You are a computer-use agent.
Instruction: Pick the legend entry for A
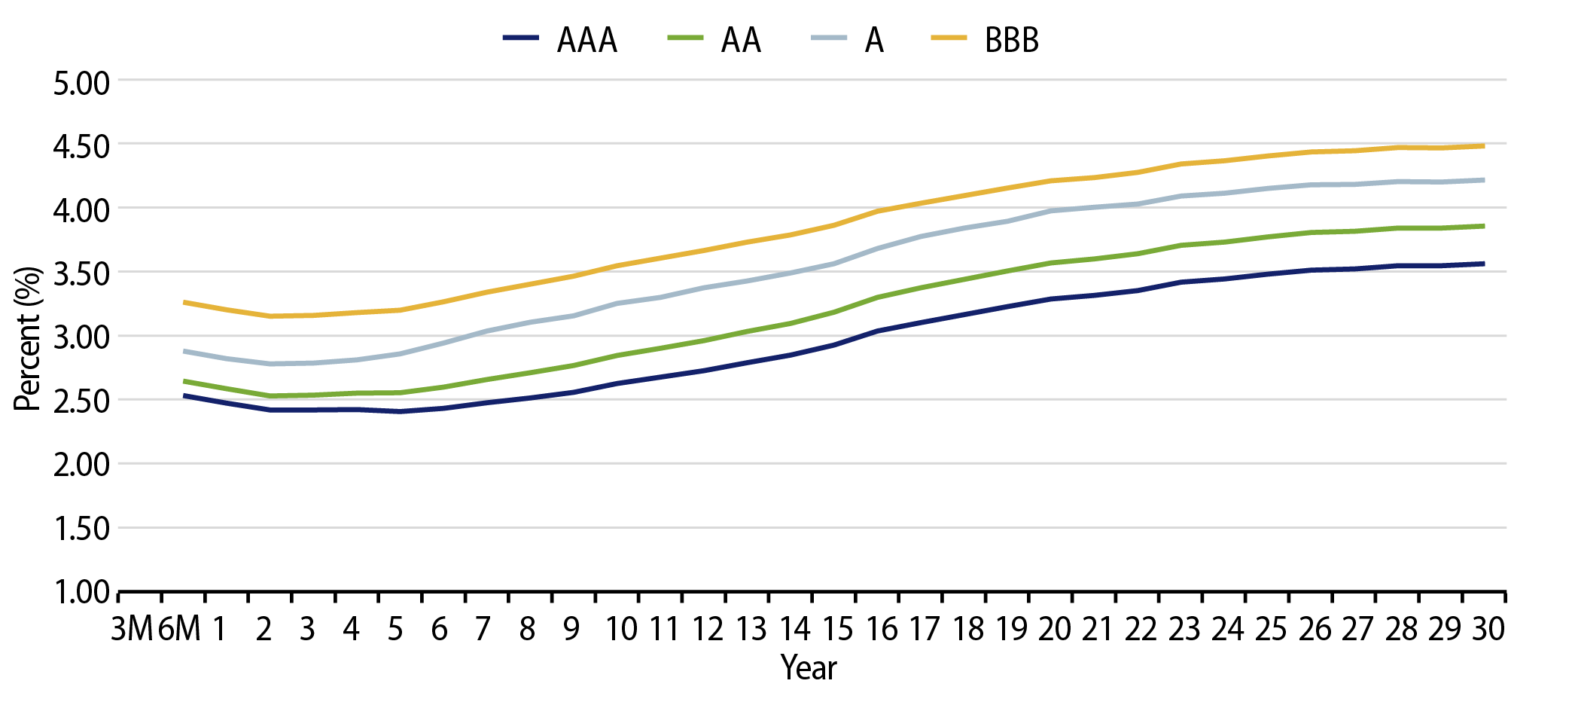click(x=848, y=40)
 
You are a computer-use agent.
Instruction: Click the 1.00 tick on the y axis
click(x=81, y=593)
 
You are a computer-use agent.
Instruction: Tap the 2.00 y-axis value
click(x=81, y=465)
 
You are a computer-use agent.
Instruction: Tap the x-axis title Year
click(x=809, y=667)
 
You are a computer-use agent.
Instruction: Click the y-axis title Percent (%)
click(x=28, y=338)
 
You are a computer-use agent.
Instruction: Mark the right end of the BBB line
click(x=1483, y=145)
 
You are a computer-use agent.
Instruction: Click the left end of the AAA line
click(x=184, y=395)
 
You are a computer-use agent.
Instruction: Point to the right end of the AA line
click(x=1483, y=226)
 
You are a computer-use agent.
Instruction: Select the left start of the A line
click(x=184, y=351)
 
